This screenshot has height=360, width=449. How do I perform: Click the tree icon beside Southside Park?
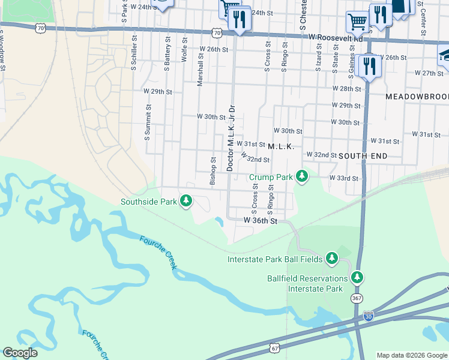point(186,200)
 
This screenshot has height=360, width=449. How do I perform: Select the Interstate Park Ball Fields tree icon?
point(331,259)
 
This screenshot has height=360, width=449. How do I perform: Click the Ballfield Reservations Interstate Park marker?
point(358,277)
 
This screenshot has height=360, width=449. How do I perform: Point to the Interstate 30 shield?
point(368,316)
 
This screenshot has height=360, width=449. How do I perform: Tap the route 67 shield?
point(275,348)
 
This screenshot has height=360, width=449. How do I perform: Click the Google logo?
point(20,353)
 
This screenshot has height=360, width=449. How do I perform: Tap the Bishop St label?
point(212,171)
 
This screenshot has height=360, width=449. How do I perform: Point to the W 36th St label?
point(261,221)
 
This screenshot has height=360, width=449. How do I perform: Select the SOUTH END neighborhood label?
point(363,155)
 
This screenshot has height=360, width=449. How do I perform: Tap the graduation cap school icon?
point(445,55)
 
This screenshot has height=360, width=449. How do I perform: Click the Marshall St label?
point(200,68)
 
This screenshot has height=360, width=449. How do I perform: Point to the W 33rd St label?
point(343,178)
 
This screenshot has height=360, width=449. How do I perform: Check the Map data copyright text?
point(412,355)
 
